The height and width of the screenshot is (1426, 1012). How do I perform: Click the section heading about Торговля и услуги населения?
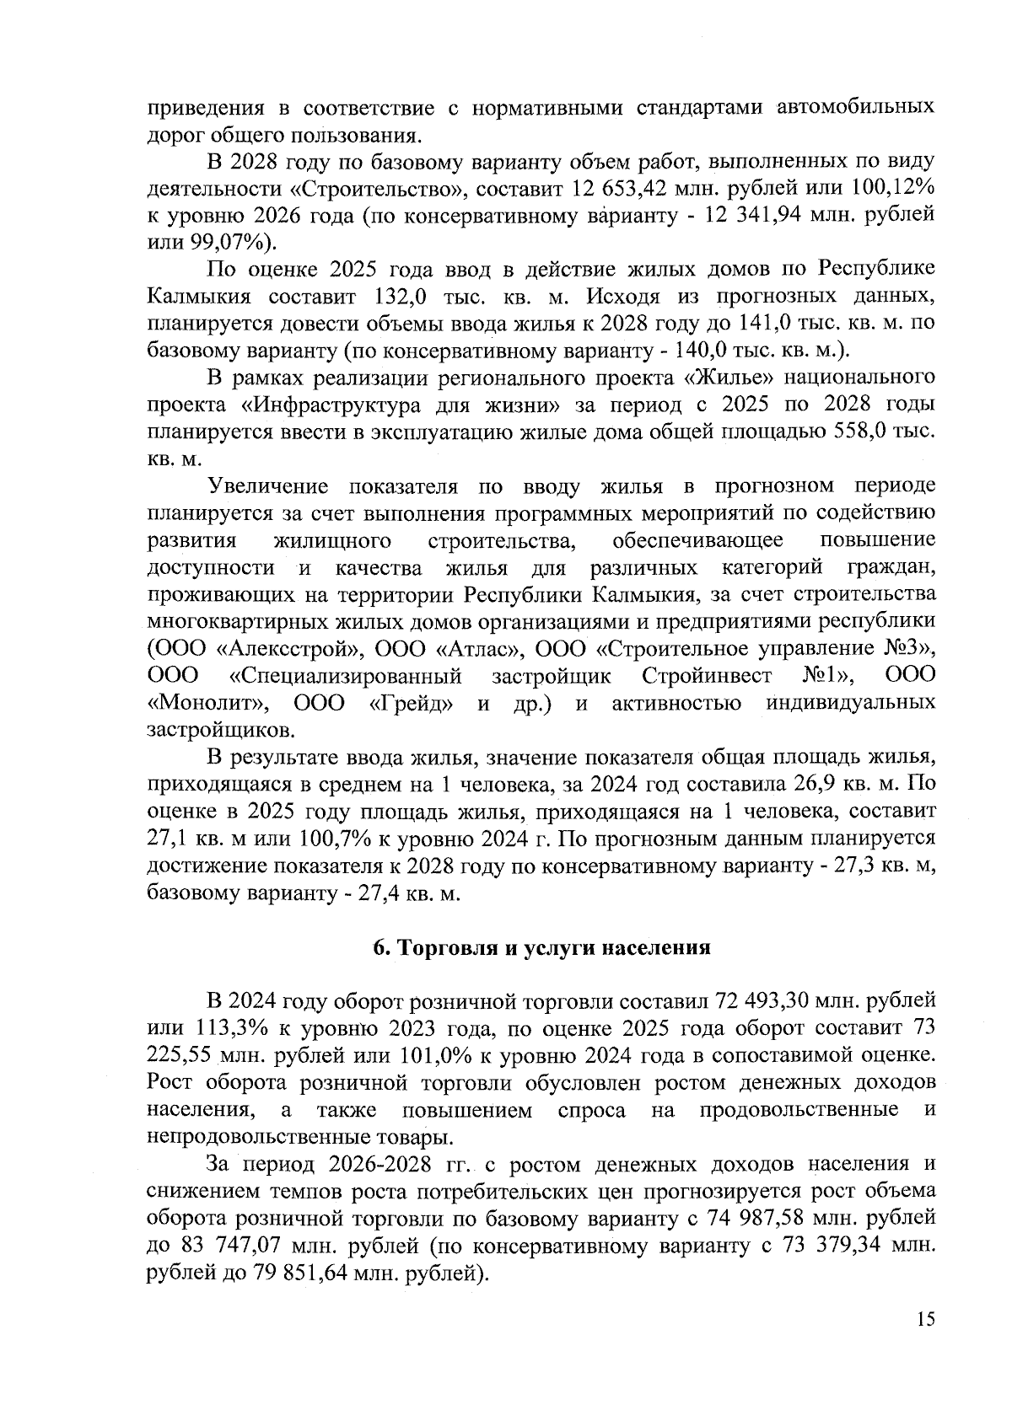pos(542,947)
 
